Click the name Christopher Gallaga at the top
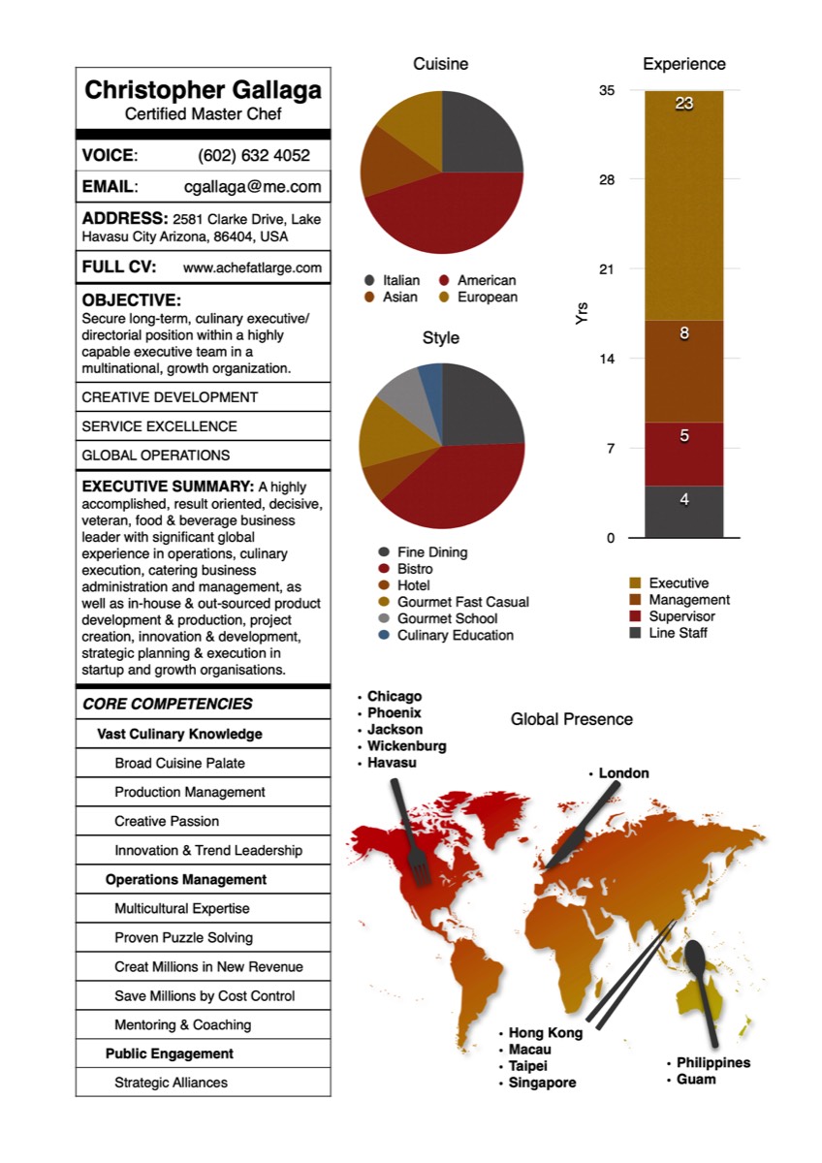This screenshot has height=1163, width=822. point(203,91)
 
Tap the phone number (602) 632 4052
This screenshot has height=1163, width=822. point(254,155)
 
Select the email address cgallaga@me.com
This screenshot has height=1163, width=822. point(252,187)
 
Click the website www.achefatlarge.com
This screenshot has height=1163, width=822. point(252,267)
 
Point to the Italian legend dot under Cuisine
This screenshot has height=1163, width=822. point(369,281)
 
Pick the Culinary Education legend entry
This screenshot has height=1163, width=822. point(455,635)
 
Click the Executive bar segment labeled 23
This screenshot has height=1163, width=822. point(683,204)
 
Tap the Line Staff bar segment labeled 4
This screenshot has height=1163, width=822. point(683,511)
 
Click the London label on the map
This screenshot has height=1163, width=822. point(623,773)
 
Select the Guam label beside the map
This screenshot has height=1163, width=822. point(696,1079)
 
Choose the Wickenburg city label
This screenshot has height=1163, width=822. point(406,746)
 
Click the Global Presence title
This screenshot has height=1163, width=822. point(571,719)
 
